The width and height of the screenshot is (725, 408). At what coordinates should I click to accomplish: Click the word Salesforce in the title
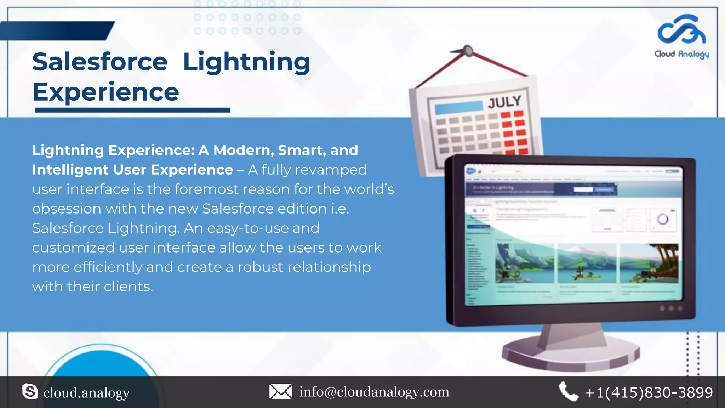[x=100, y=62]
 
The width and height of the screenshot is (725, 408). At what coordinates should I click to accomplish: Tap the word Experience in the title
[x=106, y=92]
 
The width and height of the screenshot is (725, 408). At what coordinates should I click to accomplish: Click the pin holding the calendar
[x=468, y=51]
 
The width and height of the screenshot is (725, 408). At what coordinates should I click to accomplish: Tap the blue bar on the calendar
[x=458, y=107]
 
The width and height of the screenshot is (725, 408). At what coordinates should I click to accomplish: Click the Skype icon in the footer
[x=30, y=392]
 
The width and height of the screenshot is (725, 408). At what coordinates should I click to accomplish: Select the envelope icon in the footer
[x=281, y=392]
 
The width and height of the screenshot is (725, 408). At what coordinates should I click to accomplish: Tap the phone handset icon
[x=568, y=392]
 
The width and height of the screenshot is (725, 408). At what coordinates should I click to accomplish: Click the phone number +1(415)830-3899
[x=649, y=392]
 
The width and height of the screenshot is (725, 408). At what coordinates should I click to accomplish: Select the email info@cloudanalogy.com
[x=374, y=392]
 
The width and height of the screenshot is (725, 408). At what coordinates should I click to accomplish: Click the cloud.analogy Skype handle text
[x=86, y=393]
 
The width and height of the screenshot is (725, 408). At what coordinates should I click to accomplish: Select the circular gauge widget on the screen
[x=663, y=220]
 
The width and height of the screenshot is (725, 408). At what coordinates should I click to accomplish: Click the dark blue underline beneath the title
[x=132, y=110]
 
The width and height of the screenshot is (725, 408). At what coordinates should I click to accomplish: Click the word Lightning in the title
[x=246, y=62]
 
